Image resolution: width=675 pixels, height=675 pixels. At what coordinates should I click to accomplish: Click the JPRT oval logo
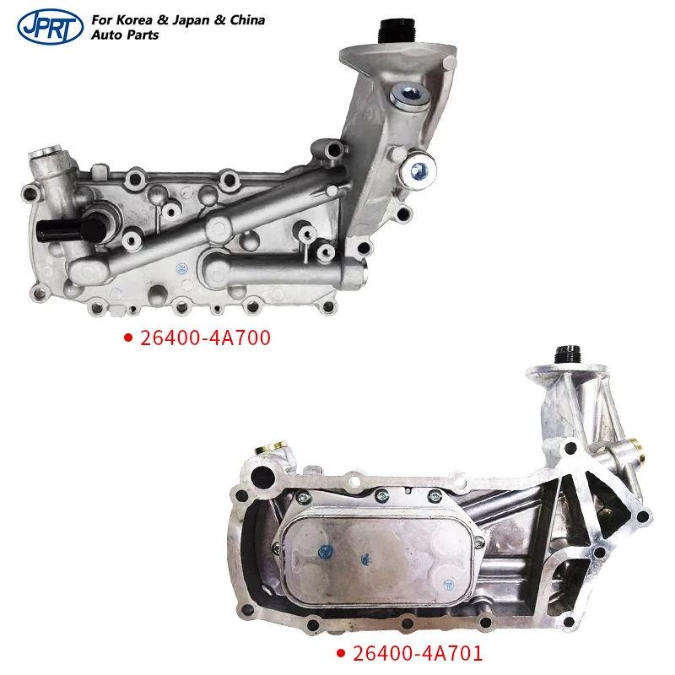pos(51,26)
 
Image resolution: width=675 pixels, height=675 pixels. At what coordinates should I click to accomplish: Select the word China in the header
pos(247,19)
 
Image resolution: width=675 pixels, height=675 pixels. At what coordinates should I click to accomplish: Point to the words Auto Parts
pos(125,35)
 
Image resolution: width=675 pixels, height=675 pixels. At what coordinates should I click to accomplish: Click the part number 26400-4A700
pos(205,338)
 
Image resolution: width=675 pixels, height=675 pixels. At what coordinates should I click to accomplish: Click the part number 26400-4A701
pos(418,653)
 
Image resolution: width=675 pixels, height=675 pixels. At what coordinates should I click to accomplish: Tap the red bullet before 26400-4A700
pos(128,338)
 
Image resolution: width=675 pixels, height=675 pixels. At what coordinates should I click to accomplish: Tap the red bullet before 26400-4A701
pos(341,654)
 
